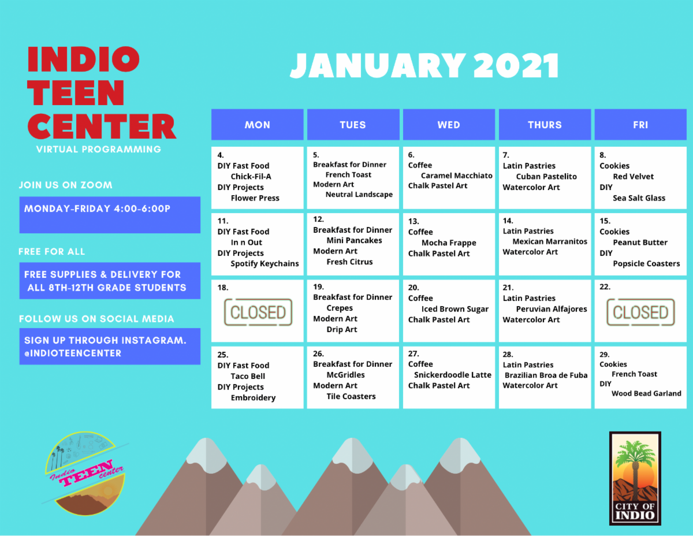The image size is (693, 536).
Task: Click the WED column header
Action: coord(449,125)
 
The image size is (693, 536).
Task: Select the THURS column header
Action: coord(545,125)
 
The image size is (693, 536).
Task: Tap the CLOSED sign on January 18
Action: coord(258,312)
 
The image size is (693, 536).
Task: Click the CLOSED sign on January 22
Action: coord(640,312)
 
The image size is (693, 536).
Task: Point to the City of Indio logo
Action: coord(635,478)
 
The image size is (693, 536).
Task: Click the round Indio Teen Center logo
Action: coord(85,474)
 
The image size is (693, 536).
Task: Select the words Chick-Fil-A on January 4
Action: coord(251,176)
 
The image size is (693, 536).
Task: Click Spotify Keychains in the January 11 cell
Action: coord(264,264)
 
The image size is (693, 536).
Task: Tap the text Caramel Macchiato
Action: coord(457,176)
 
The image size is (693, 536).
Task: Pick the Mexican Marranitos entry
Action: coord(550,241)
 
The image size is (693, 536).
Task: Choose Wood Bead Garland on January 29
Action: coord(646,393)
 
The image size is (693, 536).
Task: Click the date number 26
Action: coord(318,353)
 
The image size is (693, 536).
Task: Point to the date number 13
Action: coord(413,221)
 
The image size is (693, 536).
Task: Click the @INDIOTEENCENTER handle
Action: coord(73,353)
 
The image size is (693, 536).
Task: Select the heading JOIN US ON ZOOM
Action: coord(66,185)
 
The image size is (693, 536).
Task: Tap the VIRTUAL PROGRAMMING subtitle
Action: coord(99,149)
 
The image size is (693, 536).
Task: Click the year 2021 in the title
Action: coord(516,66)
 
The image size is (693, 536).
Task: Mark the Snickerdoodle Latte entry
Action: coord(453,375)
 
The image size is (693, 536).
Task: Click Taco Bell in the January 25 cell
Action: coord(248,376)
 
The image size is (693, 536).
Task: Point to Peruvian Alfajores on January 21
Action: coord(552,309)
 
